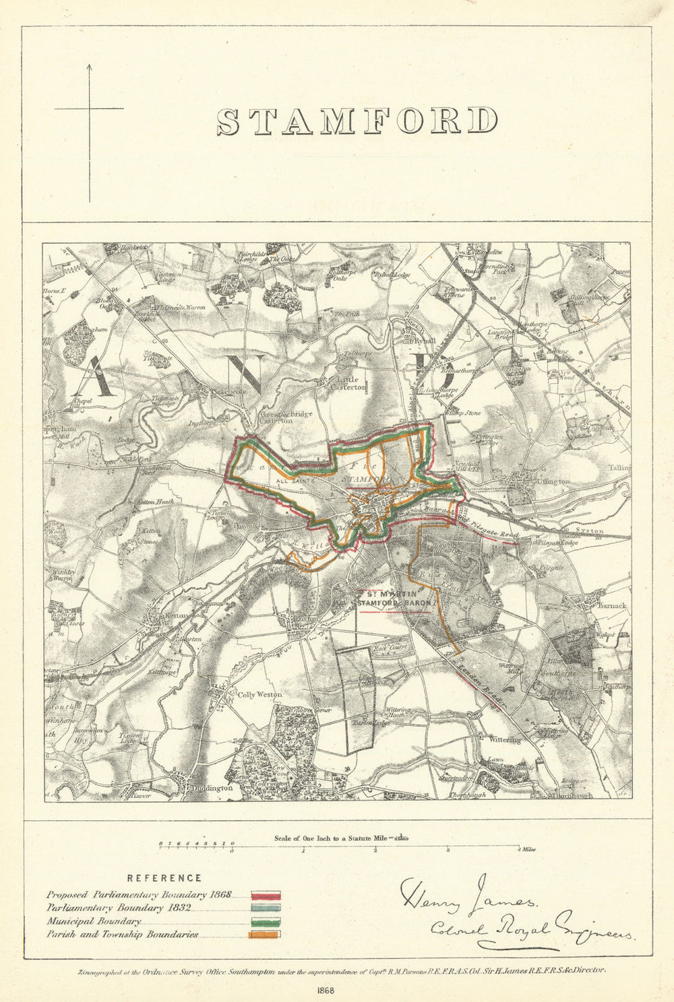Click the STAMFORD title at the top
[x=357, y=121]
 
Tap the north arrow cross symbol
[x=89, y=108]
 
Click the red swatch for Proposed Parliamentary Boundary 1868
[x=266, y=896]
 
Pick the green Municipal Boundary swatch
[x=266, y=922]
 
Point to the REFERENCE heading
[x=164, y=878]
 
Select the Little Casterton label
[x=351, y=383]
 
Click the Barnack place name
[x=611, y=605]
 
